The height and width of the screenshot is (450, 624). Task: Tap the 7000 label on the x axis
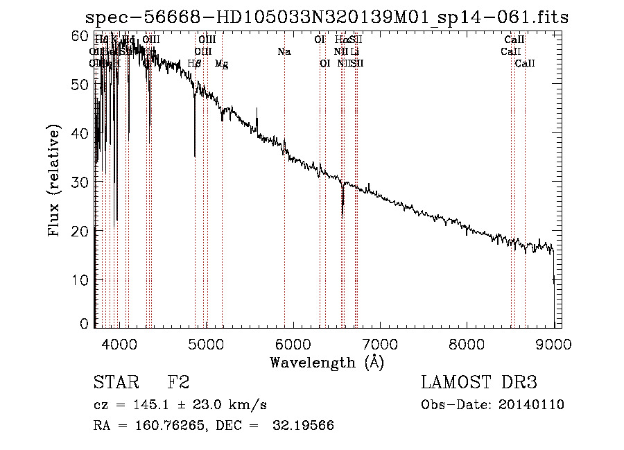(379, 343)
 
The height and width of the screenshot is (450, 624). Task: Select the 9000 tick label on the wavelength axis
(553, 343)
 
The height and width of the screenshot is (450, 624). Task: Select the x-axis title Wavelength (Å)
(327, 362)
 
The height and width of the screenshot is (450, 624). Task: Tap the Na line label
(284, 51)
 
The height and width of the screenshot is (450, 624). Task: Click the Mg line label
(222, 64)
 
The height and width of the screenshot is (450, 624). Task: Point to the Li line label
(355, 51)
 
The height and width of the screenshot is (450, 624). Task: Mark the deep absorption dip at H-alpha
(343, 208)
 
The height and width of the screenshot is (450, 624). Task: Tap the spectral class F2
(178, 383)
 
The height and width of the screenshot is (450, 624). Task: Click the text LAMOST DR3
(479, 383)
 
